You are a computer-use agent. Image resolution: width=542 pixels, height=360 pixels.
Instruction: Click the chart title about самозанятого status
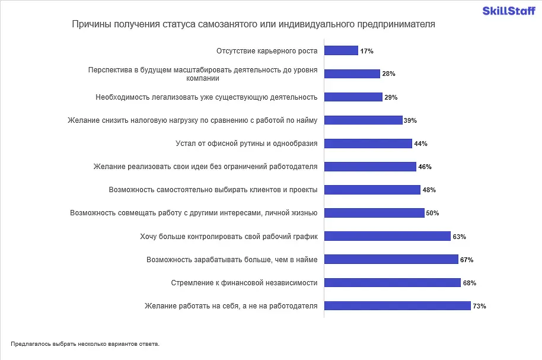(253, 24)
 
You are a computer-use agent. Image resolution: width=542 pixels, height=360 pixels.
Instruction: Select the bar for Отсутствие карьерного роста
(341, 51)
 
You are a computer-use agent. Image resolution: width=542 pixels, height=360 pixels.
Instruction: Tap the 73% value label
(480, 306)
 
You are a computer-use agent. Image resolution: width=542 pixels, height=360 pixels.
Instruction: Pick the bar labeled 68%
(393, 283)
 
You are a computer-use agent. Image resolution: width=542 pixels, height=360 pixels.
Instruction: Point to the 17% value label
(366, 51)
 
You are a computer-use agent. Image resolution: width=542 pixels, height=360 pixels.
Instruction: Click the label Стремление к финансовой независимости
(244, 283)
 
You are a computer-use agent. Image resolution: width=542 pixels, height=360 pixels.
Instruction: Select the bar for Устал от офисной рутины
(368, 144)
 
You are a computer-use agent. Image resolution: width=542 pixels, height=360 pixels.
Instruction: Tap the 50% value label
(432, 214)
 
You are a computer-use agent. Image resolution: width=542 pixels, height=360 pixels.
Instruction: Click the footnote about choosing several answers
(85, 343)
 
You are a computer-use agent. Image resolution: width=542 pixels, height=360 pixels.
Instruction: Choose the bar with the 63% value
(387, 237)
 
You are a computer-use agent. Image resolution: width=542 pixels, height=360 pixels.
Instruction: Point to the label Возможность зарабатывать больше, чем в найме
(232, 260)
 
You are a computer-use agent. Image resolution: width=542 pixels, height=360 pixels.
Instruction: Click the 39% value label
(410, 120)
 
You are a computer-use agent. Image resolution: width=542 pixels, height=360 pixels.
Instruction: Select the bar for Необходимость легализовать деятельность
(353, 97)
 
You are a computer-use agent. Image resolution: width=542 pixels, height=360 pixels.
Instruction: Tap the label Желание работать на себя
(231, 306)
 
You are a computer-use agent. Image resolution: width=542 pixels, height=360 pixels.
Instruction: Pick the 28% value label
(388, 74)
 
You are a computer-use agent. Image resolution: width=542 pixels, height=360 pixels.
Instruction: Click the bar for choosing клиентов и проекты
(372, 190)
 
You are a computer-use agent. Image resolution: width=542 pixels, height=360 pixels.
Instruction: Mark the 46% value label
(425, 167)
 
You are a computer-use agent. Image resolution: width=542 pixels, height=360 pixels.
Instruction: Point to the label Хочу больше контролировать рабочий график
(229, 237)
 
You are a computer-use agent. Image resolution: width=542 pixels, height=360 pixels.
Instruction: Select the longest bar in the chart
(397, 306)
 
